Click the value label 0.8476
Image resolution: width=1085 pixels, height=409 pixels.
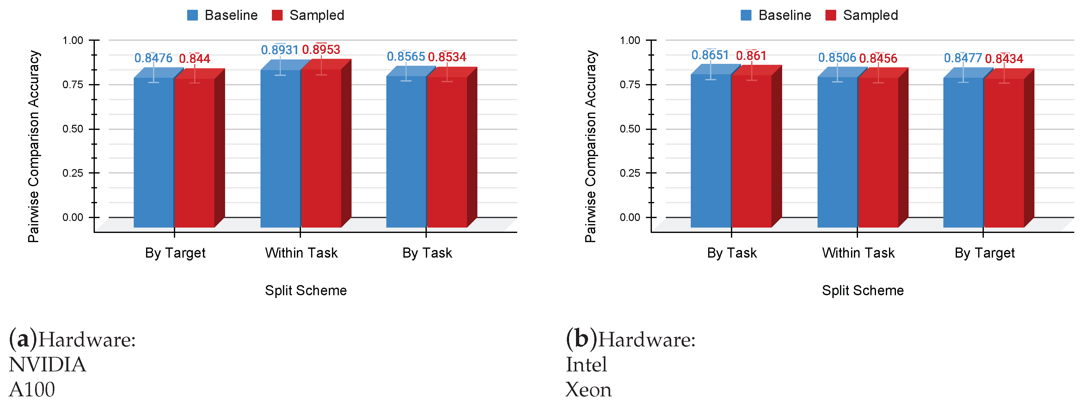coord(153,58)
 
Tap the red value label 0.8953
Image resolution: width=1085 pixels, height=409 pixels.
coord(321,50)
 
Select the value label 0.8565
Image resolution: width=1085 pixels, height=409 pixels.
coord(406,57)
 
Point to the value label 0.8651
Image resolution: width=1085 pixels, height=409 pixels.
coord(710,55)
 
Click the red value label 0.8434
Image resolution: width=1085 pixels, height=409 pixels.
coord(1004,58)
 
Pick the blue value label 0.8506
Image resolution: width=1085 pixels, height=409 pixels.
coord(837,58)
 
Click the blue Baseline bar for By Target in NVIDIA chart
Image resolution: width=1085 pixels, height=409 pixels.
coord(154,152)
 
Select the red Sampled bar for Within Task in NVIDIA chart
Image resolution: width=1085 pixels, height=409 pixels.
coord(321,147)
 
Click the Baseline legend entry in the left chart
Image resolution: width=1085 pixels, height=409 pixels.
coord(222,15)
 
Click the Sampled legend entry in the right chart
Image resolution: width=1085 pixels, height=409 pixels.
coord(862,15)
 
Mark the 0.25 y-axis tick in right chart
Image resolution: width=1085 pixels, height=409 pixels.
coord(630,173)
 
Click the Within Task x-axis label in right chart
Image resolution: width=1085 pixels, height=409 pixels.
coord(858,253)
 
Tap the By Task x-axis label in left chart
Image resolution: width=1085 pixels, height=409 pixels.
coord(427,253)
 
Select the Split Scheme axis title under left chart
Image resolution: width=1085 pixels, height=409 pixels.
coord(305,290)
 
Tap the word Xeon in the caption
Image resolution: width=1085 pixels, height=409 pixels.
coord(588,390)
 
